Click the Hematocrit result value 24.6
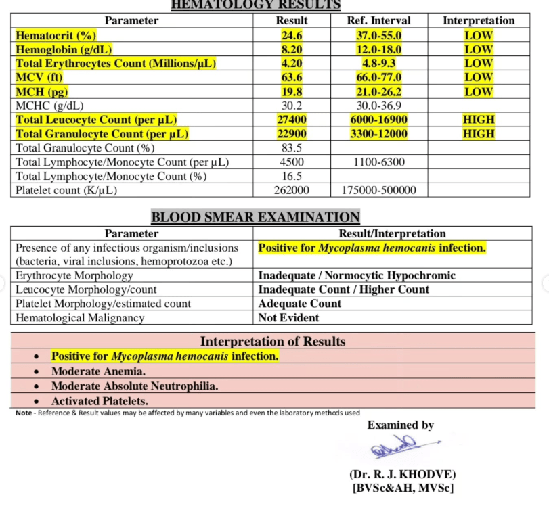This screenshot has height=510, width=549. pyautogui.click(x=292, y=35)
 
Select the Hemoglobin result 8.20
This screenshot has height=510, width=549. pyautogui.click(x=292, y=49)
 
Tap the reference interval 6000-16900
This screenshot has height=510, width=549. pyautogui.click(x=379, y=120)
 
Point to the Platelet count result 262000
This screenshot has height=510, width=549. pyautogui.click(x=292, y=191)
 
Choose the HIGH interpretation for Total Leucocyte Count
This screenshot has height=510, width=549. pyautogui.click(x=479, y=120)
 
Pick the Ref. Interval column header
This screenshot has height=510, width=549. pyautogui.click(x=379, y=21)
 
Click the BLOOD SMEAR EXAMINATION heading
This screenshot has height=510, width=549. pyautogui.click(x=255, y=217)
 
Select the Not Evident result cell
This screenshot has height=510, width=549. pyautogui.click(x=289, y=318)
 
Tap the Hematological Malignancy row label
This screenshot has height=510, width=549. pyautogui.click(x=79, y=318)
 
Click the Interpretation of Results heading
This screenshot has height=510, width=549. pyautogui.click(x=273, y=342)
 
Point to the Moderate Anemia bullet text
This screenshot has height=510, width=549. pyautogui.click(x=99, y=371)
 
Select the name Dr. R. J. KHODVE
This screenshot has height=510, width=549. pyautogui.click(x=402, y=475)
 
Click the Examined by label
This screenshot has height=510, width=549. pyautogui.click(x=401, y=425)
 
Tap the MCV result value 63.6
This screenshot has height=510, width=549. pyautogui.click(x=292, y=78)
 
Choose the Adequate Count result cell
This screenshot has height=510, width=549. pyautogui.click(x=300, y=304)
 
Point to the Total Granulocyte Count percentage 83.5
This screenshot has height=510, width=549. pyautogui.click(x=292, y=148)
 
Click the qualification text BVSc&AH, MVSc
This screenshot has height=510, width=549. pyautogui.click(x=402, y=488)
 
